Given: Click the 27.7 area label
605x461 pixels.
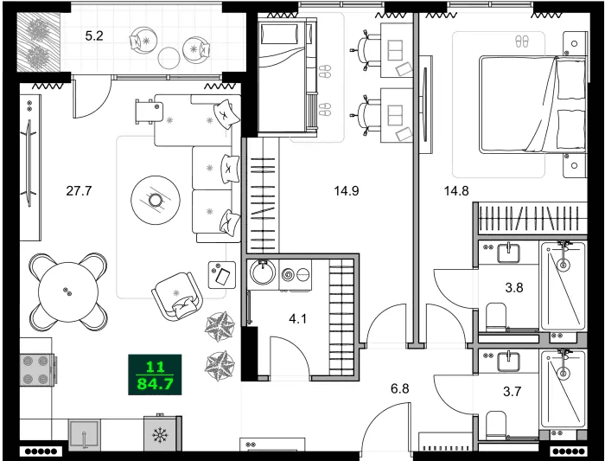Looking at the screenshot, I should click(x=79, y=191).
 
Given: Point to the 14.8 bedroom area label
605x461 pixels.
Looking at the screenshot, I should click(x=457, y=191).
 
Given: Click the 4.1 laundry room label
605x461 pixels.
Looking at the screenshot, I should click(x=298, y=318).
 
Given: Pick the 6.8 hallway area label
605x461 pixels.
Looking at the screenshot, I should click(x=399, y=388).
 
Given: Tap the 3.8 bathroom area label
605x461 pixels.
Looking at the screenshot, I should click(x=514, y=290).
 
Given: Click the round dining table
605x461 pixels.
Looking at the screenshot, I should click(x=65, y=291).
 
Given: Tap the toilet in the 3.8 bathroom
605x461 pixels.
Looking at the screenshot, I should click(x=496, y=317).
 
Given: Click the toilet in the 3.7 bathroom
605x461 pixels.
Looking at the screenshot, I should click(x=496, y=425).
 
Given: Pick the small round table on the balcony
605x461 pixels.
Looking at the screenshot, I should click(x=169, y=57).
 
